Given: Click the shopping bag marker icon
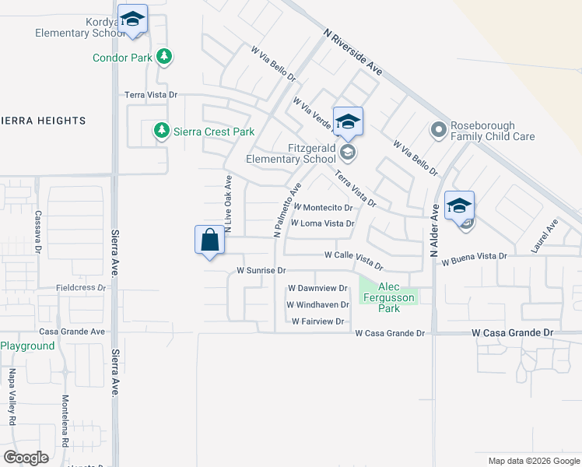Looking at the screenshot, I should tap(209, 240).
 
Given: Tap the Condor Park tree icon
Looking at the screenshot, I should tap(163, 56).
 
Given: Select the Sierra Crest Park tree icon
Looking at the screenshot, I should tap(161, 130).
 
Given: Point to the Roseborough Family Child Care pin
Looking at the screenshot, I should tap(439, 129).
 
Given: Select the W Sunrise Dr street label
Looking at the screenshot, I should tap(262, 271).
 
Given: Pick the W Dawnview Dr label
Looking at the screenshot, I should tap(317, 288).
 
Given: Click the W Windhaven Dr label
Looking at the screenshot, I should tap(317, 304).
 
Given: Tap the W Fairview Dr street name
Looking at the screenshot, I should tap(317, 321).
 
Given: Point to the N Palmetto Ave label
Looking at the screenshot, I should tap(286, 210).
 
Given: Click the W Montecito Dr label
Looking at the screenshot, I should tap(324, 208).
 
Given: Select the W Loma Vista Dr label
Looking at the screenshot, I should tap(323, 223).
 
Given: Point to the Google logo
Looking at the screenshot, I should tap(26, 458).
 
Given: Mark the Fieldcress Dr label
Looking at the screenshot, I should tap(81, 287).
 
